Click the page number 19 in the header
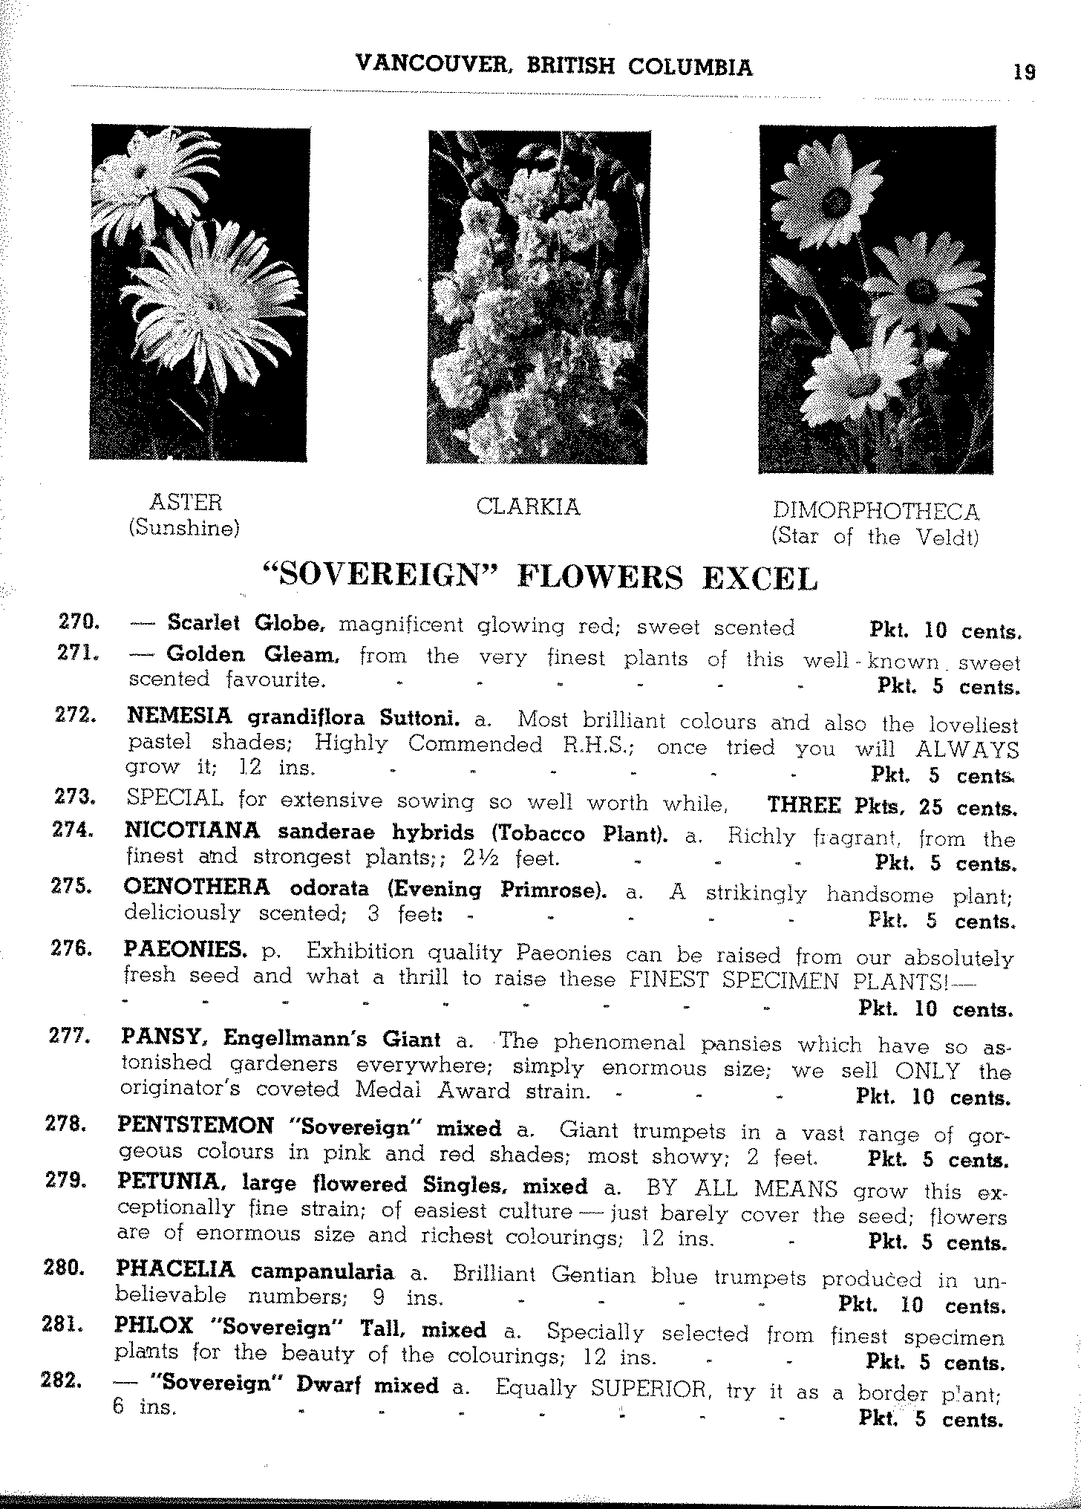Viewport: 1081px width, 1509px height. tap(1023, 72)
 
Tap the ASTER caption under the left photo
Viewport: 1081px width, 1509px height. tap(186, 503)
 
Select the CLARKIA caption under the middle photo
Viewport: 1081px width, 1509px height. tap(527, 507)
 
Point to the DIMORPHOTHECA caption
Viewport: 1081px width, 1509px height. tap(876, 511)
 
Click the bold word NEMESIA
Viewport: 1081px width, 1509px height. tap(179, 717)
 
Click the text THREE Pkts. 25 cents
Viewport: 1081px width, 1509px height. tap(891, 806)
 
